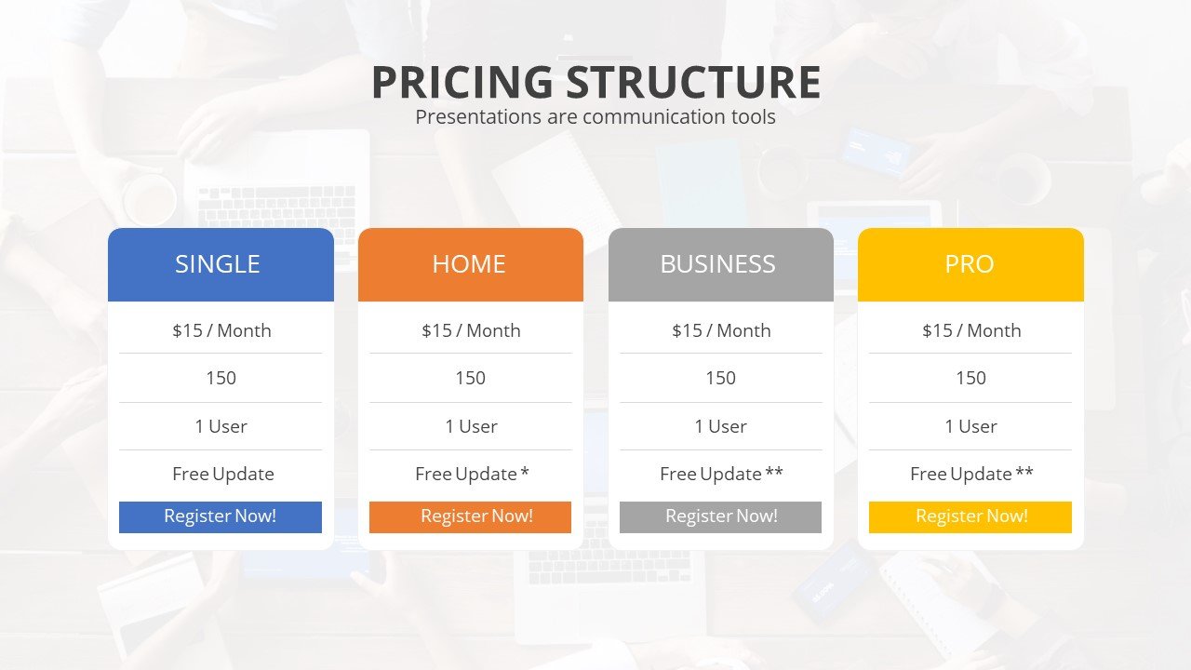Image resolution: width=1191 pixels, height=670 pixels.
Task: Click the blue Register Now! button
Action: pos(221,516)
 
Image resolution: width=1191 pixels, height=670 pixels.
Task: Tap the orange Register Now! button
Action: pos(470,516)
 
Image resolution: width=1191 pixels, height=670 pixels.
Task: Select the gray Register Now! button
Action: pos(720,516)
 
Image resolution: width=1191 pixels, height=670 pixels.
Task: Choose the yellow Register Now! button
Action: pos(970,516)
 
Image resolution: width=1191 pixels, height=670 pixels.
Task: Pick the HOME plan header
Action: pos(470,264)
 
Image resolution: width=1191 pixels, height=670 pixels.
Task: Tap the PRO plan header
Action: pos(970,264)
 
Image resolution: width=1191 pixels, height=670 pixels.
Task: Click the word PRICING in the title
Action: pos(462,83)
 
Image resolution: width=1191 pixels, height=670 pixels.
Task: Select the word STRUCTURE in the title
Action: pos(693,83)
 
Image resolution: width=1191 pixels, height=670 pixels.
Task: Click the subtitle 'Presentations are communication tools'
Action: pos(595,117)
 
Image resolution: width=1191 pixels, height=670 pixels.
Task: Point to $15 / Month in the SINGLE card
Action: pos(221,330)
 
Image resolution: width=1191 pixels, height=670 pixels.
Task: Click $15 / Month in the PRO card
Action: pos(971,330)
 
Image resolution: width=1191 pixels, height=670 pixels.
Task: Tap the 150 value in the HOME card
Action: pos(470,378)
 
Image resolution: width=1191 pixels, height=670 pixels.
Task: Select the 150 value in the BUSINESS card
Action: pos(720,378)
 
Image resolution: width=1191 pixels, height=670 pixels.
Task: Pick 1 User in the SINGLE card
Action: pos(221,426)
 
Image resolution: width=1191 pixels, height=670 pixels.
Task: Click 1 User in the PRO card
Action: pos(970,426)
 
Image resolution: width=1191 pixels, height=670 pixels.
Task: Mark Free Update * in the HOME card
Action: pos(472,474)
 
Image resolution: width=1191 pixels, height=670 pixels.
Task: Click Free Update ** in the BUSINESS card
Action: pos(721,474)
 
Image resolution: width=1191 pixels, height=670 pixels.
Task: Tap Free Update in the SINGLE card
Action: pos(223,474)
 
